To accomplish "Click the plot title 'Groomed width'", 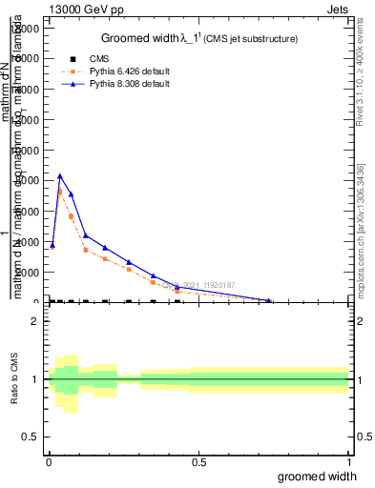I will click(x=143, y=38).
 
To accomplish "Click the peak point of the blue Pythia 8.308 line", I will click(x=60, y=175).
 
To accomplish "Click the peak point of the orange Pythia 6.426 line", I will click(x=60, y=192).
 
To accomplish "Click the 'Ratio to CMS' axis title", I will click(x=13, y=379).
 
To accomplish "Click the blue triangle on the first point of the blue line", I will click(x=52, y=245).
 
